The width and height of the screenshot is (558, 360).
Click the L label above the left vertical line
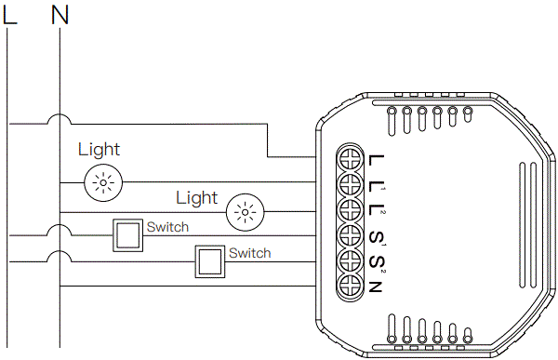(10, 15)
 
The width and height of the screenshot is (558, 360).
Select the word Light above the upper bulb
(99, 149)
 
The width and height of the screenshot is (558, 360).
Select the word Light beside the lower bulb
(196, 198)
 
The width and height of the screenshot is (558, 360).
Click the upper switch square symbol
(128, 236)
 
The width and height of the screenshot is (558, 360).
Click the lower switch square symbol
(210, 262)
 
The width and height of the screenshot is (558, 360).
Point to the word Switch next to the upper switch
(167, 227)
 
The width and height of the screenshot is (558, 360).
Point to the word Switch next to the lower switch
(249, 253)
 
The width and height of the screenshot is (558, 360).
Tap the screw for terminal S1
(349, 234)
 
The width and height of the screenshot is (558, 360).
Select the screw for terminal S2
(349, 260)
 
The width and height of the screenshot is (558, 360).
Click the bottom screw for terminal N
(349, 286)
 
